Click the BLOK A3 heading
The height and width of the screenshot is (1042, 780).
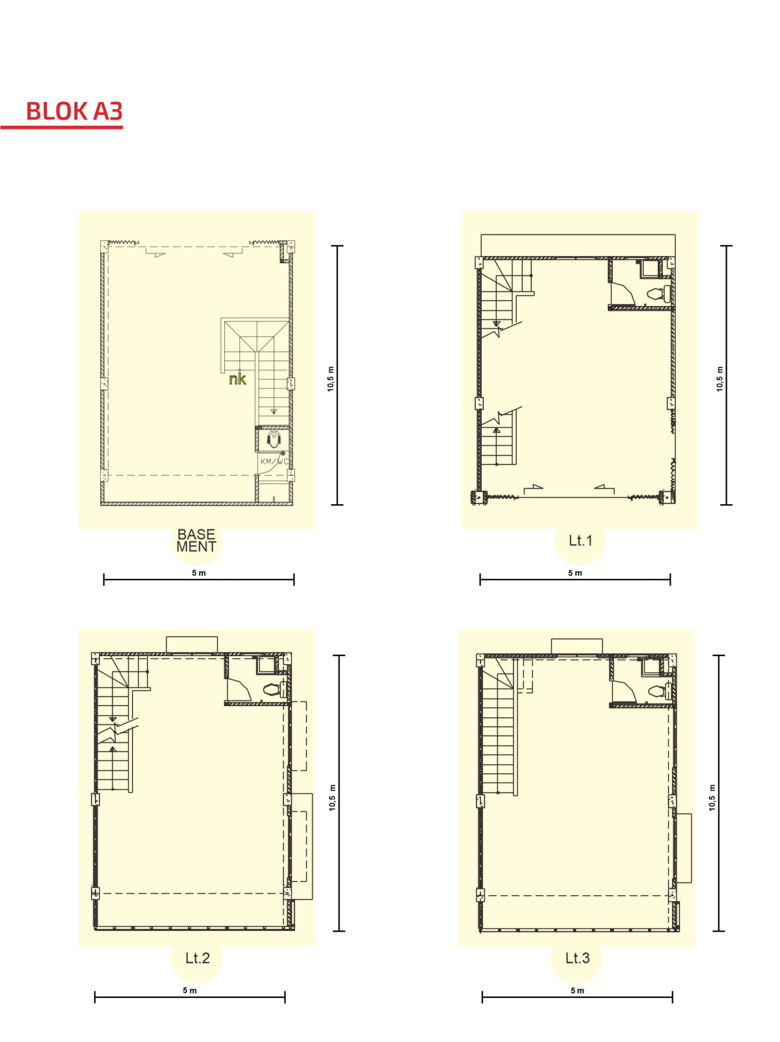pos(74,111)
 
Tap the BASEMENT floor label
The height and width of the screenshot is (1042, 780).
pos(196,540)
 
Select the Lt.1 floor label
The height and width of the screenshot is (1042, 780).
pos(580,540)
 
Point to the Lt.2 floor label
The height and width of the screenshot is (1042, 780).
pos(197,958)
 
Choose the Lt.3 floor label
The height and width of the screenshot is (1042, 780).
pos(577,958)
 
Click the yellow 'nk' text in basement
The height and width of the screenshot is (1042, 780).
pos(237,379)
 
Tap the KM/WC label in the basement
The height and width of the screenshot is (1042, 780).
pos(274,461)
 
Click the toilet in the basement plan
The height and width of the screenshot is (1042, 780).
pos(273,439)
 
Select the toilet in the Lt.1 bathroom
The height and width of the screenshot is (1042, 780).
pos(657,294)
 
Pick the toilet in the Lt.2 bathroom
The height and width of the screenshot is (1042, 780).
pos(272,689)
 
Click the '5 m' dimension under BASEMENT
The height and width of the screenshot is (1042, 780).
pos(198,573)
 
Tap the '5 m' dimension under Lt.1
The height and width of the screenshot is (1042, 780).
pos(575,573)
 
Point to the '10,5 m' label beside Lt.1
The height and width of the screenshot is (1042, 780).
pos(720,379)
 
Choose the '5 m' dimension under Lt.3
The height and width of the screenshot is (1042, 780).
pos(577,991)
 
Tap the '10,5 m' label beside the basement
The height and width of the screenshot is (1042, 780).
pos(331,379)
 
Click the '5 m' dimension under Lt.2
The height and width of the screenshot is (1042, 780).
pos(190,991)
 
